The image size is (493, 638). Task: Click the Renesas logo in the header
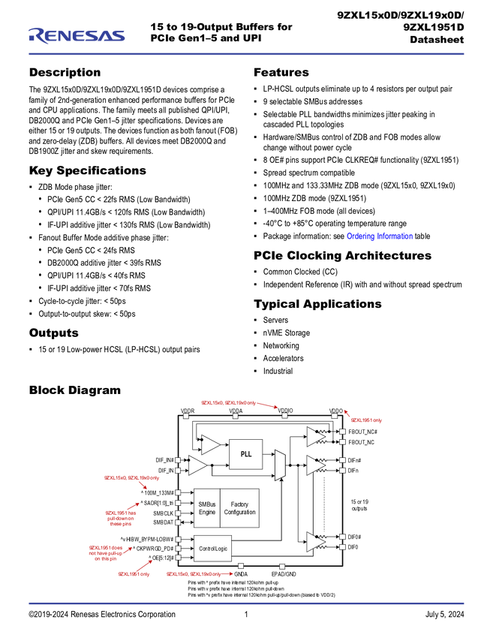pos(77,35)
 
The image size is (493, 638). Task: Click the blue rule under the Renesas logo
pos(246,54)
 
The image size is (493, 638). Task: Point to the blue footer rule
pos(246,603)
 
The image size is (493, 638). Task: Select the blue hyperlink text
pos(379,236)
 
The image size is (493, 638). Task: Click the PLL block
pos(245,454)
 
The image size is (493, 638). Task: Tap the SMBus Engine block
pos(206,508)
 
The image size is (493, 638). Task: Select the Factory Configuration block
pos(239,508)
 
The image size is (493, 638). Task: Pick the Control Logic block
pos(212,549)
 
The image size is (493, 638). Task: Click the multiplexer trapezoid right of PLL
pos(281,465)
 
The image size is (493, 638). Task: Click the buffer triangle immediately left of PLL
pos(209,444)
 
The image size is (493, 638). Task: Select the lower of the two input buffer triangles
pos(197,465)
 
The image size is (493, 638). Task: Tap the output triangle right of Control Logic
pos(315,541)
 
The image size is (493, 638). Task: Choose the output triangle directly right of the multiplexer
pos(315,465)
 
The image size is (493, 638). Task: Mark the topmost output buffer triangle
pos(315,436)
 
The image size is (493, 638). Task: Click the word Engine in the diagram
pos(206,513)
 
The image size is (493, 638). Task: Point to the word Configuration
pos(239,513)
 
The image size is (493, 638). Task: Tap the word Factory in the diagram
pos(239,504)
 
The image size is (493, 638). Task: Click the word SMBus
pos(206,504)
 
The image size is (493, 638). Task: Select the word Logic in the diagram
pos(221,549)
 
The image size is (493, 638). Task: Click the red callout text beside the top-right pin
pos(368,420)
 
